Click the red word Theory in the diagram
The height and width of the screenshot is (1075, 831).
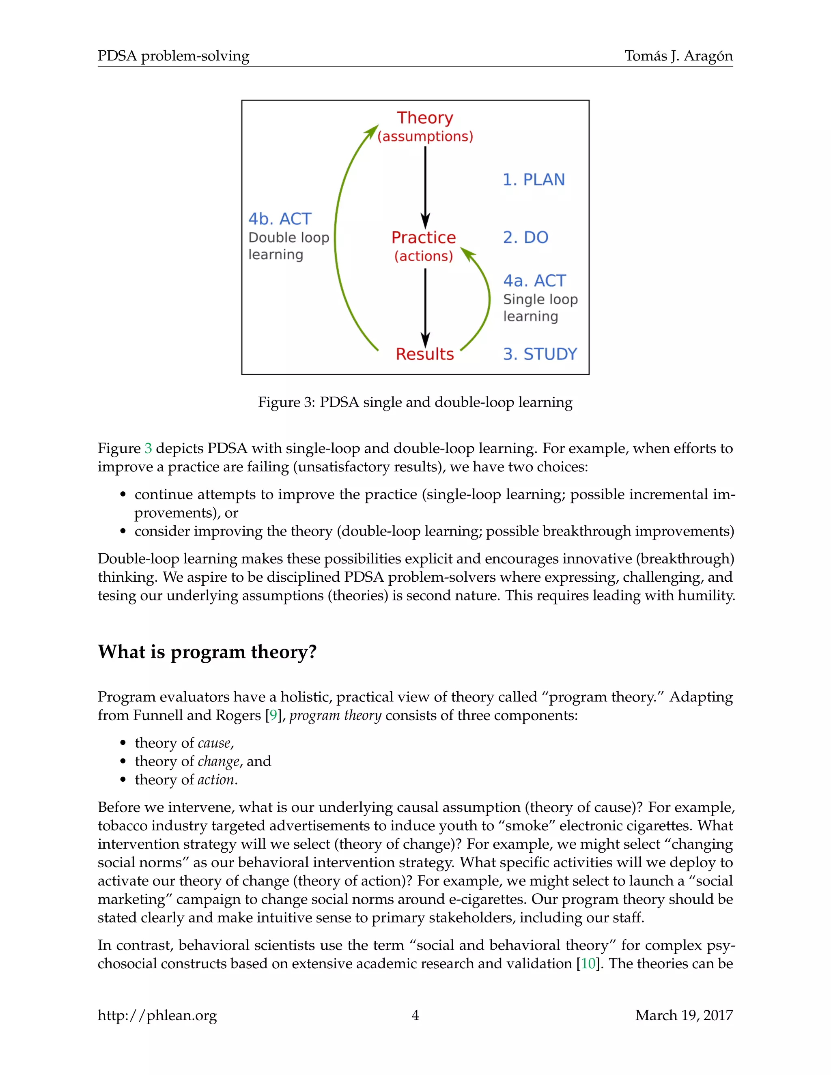tap(425, 118)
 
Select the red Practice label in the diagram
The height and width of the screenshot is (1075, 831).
tap(423, 237)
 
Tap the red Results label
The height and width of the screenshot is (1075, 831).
tap(424, 354)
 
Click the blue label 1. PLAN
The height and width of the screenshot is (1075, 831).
tap(533, 180)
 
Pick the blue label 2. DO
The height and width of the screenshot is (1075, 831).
tap(525, 237)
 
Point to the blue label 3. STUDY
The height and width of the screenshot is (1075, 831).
tap(540, 354)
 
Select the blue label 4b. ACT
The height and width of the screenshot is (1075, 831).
tap(280, 219)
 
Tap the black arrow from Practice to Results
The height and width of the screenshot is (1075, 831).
tap(425, 305)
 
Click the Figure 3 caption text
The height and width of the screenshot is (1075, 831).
tap(415, 402)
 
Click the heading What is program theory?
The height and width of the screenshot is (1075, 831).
tap(207, 652)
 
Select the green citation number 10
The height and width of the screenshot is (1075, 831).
tap(588, 963)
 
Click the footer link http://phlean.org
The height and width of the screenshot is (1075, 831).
tap(157, 1015)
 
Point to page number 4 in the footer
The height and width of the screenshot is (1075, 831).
tap(415, 1015)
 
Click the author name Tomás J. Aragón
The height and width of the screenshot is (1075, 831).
tap(678, 56)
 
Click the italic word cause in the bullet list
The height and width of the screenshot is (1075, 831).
tap(214, 743)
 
